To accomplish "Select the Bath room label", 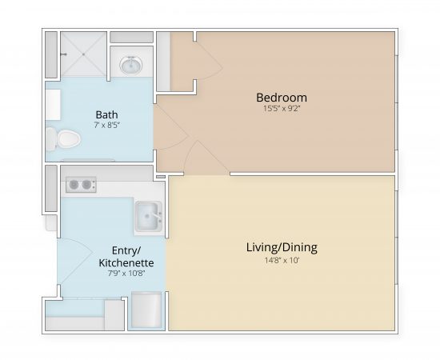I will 106,114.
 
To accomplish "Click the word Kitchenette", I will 126,262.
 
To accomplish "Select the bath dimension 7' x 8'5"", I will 106,125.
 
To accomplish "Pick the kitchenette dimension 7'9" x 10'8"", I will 126,274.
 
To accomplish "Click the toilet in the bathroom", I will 64,140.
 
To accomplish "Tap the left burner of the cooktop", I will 72,185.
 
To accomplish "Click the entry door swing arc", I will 70,264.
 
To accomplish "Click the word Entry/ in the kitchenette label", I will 126,250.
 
